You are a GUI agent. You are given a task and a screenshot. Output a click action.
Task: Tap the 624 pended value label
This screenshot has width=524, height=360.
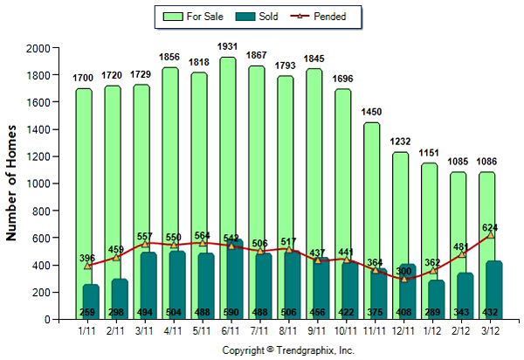coord(491,226)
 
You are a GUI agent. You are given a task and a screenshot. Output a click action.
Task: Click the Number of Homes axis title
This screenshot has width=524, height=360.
coord(14,183)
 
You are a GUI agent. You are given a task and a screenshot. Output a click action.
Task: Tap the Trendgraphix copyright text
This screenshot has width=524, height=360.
coord(289,350)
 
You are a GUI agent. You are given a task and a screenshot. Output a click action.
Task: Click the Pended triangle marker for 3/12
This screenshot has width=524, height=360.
coord(491,235)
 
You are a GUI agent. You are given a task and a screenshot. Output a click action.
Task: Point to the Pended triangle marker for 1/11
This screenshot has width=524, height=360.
coord(87,266)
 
